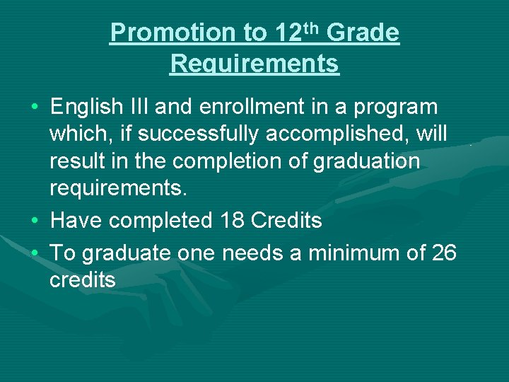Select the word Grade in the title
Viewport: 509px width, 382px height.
[363, 33]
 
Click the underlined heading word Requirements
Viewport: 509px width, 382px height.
[255, 64]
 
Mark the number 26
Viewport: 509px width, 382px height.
[443, 253]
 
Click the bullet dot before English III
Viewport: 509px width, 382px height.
[35, 108]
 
